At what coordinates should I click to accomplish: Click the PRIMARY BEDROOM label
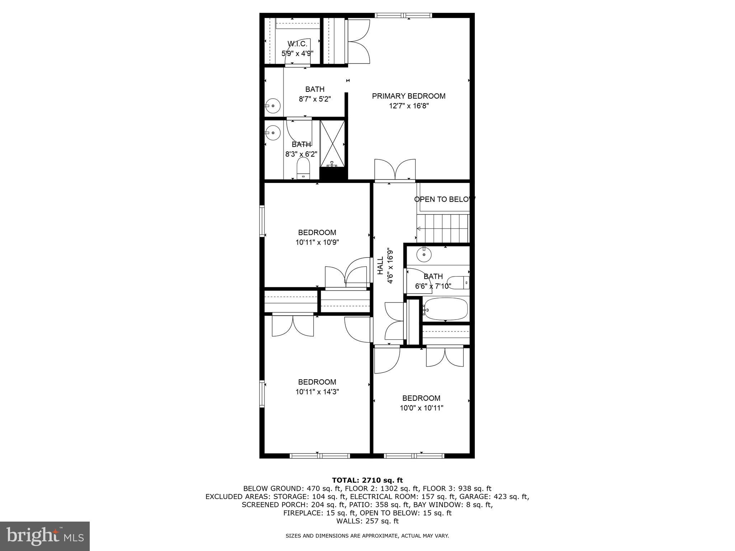[408, 96]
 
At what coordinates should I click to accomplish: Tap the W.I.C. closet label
[298, 44]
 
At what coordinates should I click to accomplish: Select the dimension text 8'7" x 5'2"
[315, 99]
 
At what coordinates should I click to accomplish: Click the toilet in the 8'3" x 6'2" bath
[303, 169]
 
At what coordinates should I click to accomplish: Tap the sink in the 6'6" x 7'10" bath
[424, 254]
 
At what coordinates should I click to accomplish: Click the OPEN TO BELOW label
[444, 199]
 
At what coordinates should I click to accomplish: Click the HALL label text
[380, 266]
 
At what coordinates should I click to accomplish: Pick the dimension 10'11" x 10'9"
[317, 242]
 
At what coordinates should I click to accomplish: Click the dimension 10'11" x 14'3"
[317, 392]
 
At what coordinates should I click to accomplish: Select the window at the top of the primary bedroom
[403, 15]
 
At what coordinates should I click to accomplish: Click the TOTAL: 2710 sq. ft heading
[367, 480]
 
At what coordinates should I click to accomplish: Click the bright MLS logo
[45, 536]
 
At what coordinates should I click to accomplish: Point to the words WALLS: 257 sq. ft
[367, 521]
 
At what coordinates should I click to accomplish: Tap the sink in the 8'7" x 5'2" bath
[273, 106]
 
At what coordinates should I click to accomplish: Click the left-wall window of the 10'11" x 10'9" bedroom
[262, 221]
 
